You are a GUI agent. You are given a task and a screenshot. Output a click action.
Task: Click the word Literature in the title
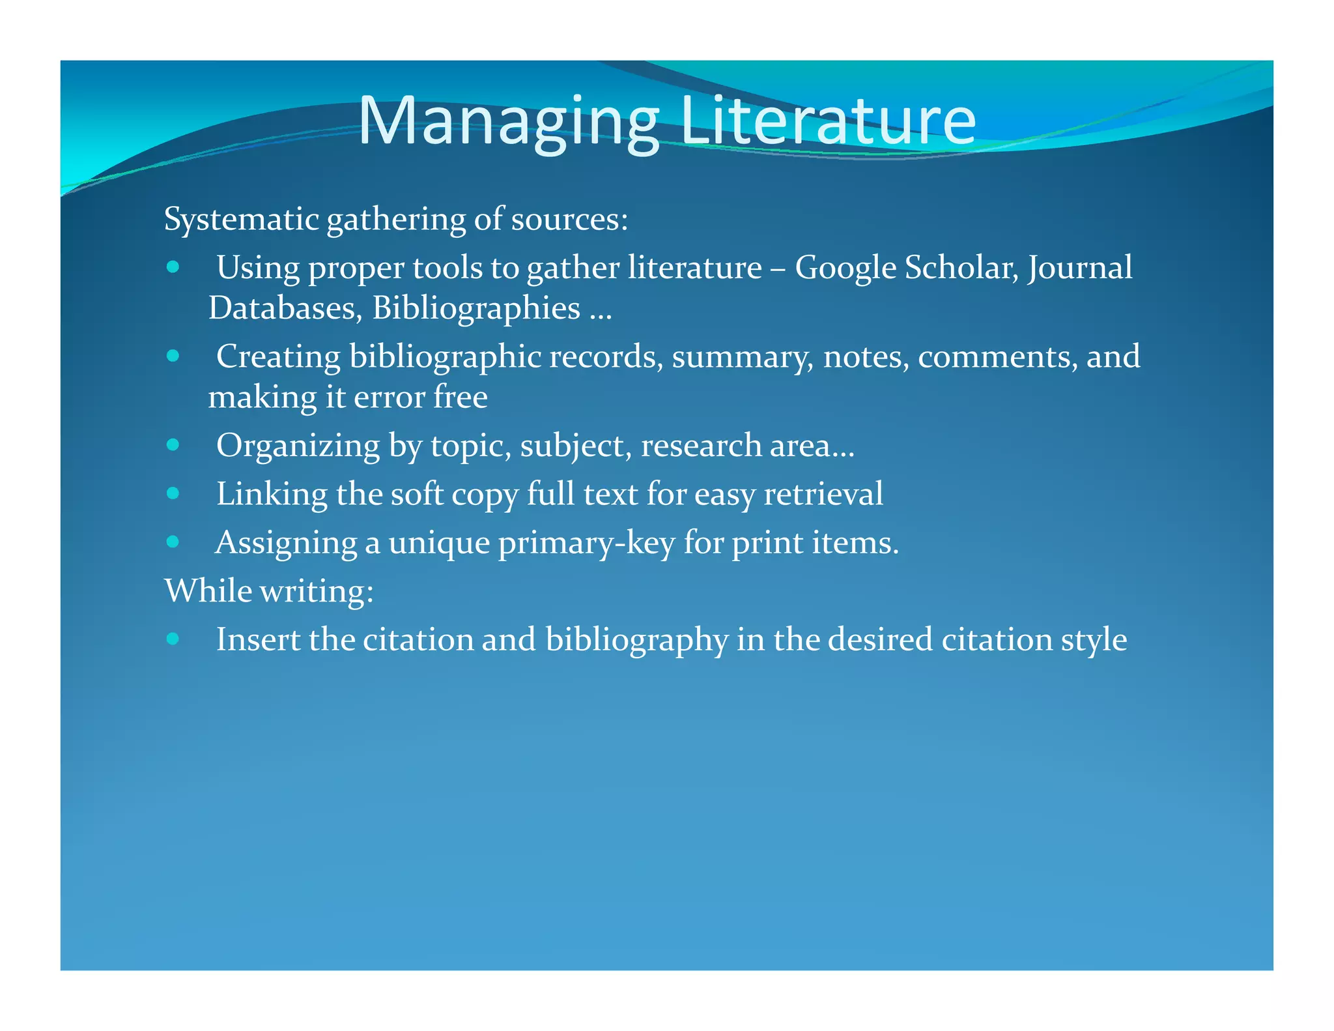click(x=827, y=121)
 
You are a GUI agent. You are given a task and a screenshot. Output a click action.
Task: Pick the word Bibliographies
click(x=476, y=308)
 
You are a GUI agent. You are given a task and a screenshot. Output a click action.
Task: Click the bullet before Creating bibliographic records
click(x=173, y=356)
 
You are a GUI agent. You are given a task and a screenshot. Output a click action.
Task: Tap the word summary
click(x=743, y=357)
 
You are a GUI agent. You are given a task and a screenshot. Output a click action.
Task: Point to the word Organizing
click(x=298, y=446)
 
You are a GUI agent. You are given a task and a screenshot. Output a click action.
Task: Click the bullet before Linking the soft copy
click(x=173, y=493)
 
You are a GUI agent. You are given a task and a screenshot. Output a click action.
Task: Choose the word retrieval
click(x=823, y=493)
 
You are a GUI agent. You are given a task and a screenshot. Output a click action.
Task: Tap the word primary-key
click(x=586, y=543)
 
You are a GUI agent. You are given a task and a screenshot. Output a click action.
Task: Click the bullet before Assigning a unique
click(x=173, y=541)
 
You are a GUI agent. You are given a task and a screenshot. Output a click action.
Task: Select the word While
click(x=208, y=591)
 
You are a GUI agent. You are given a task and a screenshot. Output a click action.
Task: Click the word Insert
click(x=258, y=639)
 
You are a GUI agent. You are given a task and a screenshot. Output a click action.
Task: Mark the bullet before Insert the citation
click(x=173, y=638)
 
